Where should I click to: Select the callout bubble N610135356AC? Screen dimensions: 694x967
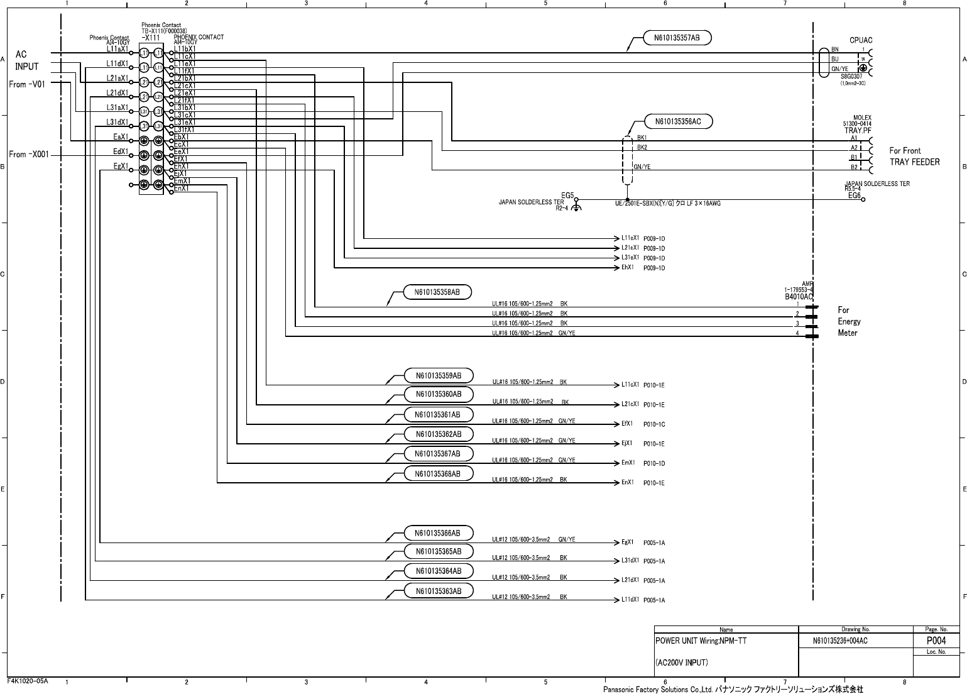point(678,122)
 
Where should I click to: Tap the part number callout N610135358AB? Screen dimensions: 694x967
point(437,292)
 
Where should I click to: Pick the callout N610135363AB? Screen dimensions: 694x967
point(438,591)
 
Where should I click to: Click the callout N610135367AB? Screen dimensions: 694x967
point(437,454)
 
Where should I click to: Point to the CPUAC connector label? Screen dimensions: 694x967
point(861,40)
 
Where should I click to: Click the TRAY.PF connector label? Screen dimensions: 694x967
point(858,131)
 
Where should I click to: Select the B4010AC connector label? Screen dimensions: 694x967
point(799,296)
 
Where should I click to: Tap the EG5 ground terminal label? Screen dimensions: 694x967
point(567,196)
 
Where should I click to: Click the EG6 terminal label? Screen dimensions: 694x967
point(854,196)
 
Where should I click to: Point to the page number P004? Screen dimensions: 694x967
point(936,641)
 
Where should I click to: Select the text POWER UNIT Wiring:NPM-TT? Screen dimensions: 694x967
point(701,642)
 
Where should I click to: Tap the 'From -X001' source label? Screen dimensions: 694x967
point(26,154)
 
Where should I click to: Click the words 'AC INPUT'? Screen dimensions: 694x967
point(26,60)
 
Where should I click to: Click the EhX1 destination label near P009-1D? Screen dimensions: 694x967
point(627,268)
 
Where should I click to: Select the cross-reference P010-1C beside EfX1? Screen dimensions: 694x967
point(654,424)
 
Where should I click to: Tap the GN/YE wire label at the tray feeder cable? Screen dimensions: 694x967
point(642,167)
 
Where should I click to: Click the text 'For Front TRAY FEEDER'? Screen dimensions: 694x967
point(914,156)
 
